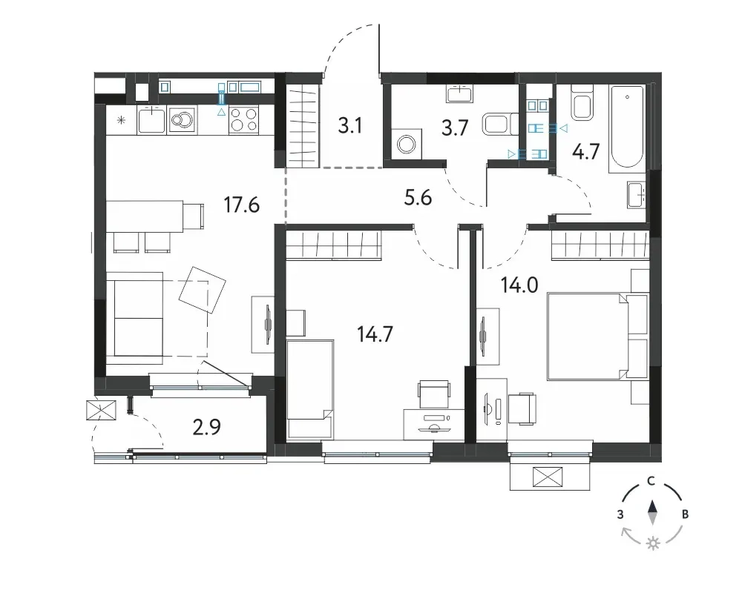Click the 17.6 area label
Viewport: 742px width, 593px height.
coord(241,205)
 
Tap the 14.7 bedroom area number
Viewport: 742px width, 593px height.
coord(375,334)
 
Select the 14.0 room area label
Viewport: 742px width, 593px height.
coord(519,285)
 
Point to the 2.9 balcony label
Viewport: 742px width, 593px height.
coord(207,427)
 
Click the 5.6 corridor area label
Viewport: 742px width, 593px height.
coord(418,197)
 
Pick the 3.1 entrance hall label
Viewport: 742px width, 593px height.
coord(350,126)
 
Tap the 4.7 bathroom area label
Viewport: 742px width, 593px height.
coord(586,152)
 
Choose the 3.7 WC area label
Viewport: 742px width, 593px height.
coord(455,128)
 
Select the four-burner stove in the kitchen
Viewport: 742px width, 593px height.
coord(243,119)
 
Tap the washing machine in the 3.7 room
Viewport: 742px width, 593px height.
coord(406,144)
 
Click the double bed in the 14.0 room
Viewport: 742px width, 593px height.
coord(597,337)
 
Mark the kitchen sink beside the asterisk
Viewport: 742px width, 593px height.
coord(151,119)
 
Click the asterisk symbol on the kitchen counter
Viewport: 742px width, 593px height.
coord(121,120)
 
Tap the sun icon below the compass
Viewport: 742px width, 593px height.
coord(654,544)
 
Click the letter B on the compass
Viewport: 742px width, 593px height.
coord(685,514)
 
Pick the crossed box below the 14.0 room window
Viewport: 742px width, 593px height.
coord(548,477)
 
